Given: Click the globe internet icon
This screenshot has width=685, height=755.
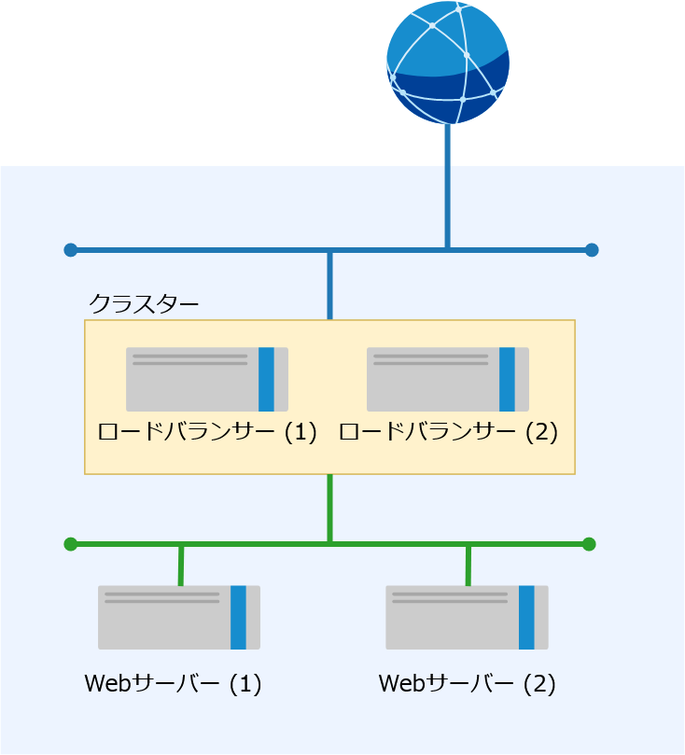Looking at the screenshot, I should coord(448,63).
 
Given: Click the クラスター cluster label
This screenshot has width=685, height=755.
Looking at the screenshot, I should coord(144,304).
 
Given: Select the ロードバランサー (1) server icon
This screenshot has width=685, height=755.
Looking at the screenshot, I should coord(207,379).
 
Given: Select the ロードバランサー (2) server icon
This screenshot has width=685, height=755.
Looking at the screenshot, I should coord(448,379).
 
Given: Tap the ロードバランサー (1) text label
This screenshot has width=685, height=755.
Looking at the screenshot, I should coord(207,433).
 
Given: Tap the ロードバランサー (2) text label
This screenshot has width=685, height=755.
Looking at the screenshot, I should coord(448,433).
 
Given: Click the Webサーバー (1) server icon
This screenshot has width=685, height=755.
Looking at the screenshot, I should coord(179,617).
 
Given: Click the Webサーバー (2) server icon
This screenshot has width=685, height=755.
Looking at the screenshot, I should coord(467,617).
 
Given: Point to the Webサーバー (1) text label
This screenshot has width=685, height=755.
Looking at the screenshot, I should coord(173,684).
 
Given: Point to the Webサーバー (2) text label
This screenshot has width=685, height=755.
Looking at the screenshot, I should coord(467,684).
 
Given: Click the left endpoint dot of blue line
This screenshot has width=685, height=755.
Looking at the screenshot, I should coord(70,250).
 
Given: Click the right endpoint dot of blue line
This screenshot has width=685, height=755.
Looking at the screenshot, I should coord(591,250).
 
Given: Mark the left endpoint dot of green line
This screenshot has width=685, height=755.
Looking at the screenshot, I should coord(70,544).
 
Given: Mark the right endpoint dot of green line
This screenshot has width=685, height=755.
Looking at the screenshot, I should coord(588,544).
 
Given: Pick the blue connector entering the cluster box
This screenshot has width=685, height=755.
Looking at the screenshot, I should coord(330,285).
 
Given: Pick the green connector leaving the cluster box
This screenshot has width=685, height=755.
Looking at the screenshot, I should coord(330,509).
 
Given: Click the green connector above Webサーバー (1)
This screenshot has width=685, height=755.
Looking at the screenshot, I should coord(181,566).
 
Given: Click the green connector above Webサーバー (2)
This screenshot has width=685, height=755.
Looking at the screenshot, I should coord(468,566).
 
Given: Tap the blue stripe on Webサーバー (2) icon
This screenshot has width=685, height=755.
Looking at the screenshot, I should coord(526,617).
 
